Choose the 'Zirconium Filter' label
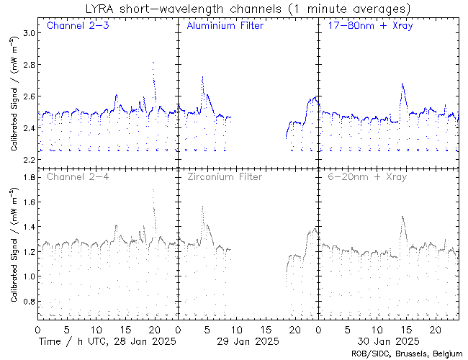point(225,176)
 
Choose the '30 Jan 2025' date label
point(387,341)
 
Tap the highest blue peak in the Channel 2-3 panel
point(153,63)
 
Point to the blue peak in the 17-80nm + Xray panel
point(402,84)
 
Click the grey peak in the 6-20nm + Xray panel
point(402,217)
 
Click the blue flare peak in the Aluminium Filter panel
point(202,77)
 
